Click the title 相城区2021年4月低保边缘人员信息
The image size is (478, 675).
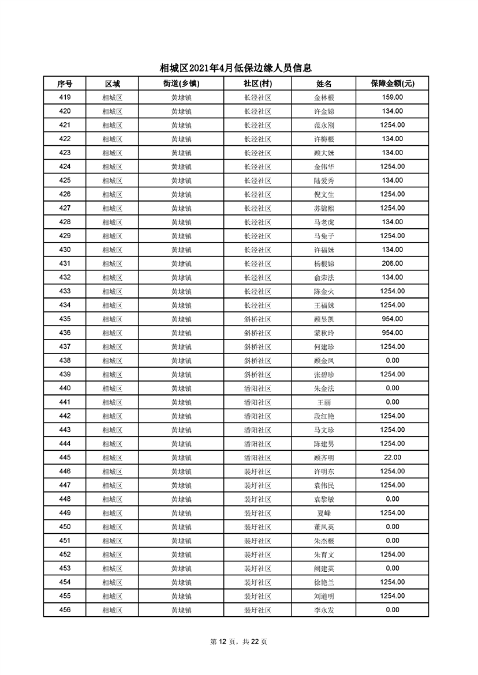[238, 68]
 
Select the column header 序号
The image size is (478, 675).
[65, 84]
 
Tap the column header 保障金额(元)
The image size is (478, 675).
[392, 84]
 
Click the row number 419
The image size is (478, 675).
[65, 97]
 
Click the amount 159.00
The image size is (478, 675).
[392, 97]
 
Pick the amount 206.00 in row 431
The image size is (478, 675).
[392, 263]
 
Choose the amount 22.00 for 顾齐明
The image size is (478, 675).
[392, 458]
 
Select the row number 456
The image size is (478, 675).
[65, 610]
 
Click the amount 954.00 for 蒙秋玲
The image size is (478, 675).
[392, 333]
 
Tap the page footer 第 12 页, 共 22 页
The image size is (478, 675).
[238, 642]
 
